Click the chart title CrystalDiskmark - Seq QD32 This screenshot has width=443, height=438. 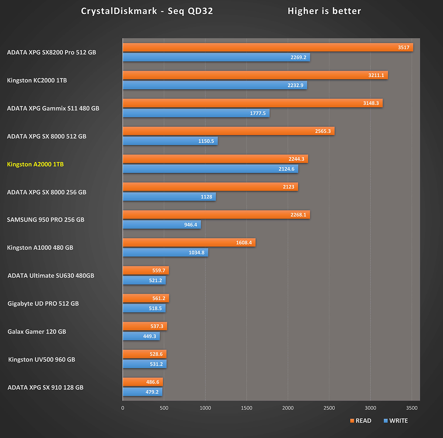pyautogui.click(x=147, y=11)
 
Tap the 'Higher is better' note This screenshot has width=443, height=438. pyautogui.click(x=324, y=11)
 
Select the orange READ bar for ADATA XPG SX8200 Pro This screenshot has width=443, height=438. pyautogui.click(x=268, y=47)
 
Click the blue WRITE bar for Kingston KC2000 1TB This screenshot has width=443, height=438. pyautogui.click(x=215, y=85)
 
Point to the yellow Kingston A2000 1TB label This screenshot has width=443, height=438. pyautogui.click(x=35, y=164)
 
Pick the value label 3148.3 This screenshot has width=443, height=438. pyautogui.click(x=371, y=103)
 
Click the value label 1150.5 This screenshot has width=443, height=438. pyautogui.click(x=206, y=141)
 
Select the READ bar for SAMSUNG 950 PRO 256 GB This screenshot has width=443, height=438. pyautogui.click(x=216, y=215)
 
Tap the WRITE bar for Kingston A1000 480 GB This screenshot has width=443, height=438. pyautogui.click(x=165, y=253)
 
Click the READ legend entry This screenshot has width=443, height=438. pyautogui.click(x=361, y=421)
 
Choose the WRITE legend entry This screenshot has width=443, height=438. pyautogui.click(x=396, y=421)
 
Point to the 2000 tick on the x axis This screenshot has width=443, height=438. pyautogui.click(x=288, y=408)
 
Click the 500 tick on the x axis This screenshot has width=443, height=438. pyautogui.click(x=164, y=408)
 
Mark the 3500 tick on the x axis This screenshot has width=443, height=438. pyautogui.click(x=412, y=408)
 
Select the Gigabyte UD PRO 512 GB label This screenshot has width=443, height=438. pyautogui.click(x=43, y=304)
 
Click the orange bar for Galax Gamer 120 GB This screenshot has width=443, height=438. pyautogui.click(x=145, y=326)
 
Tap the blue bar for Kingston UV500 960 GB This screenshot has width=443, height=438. pyautogui.click(x=144, y=364)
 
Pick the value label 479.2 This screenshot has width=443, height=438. pyautogui.click(x=152, y=392)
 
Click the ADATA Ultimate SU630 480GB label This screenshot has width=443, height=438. pyautogui.click(x=51, y=276)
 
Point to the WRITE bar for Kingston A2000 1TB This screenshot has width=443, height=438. pyautogui.click(x=210, y=169)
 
